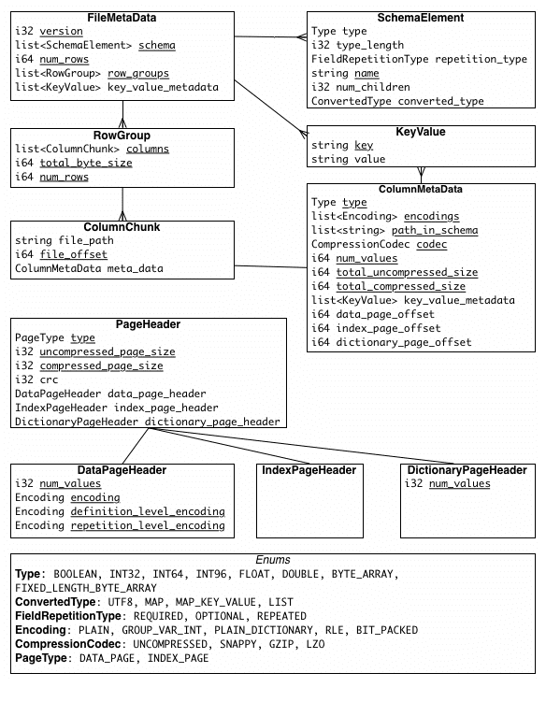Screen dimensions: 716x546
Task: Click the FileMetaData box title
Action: click(122, 18)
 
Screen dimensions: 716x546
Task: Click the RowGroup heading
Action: click(122, 136)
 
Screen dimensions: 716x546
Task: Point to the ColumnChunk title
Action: click(122, 227)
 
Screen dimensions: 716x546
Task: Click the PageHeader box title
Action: click(148, 324)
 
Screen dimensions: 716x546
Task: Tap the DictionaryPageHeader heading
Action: click(467, 470)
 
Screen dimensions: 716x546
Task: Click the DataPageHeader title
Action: click(122, 470)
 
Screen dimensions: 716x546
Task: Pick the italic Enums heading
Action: click(272, 560)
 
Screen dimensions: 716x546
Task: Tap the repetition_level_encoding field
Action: click(147, 526)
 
